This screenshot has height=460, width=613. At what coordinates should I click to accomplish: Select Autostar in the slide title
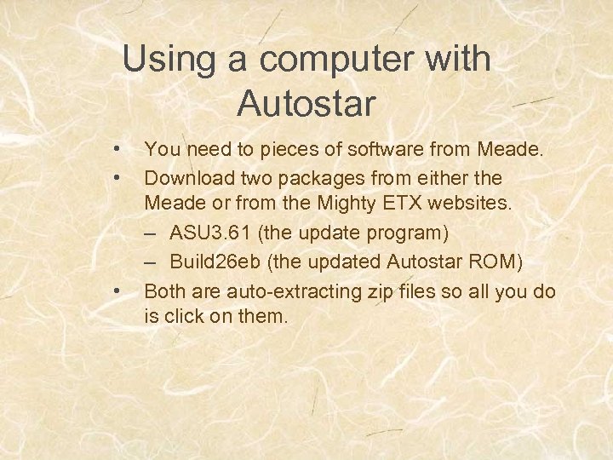point(306,104)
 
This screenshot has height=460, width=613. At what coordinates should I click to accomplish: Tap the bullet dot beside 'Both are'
point(117,291)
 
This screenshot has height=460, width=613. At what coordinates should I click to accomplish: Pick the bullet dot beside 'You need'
point(117,151)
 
